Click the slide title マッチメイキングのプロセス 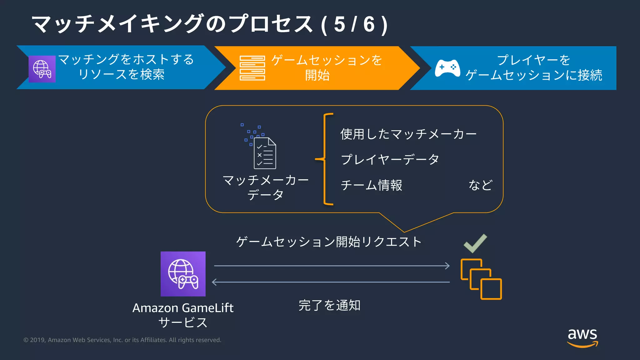(x=172, y=24)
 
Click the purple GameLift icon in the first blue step (x=42, y=69)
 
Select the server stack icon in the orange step (x=252, y=68)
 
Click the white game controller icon (x=447, y=68)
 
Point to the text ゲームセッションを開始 (x=326, y=67)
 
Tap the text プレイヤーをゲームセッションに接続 (x=534, y=67)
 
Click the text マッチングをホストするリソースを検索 (x=126, y=67)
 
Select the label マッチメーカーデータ (x=265, y=187)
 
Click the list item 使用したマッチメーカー (x=408, y=134)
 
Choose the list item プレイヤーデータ (x=390, y=159)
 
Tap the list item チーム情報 (x=372, y=185)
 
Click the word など (x=480, y=185)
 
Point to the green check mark (x=475, y=243)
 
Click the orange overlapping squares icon (x=481, y=279)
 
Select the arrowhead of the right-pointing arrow (x=447, y=266)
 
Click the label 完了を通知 (x=329, y=305)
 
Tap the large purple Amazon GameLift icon (x=183, y=274)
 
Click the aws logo (x=582, y=337)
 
